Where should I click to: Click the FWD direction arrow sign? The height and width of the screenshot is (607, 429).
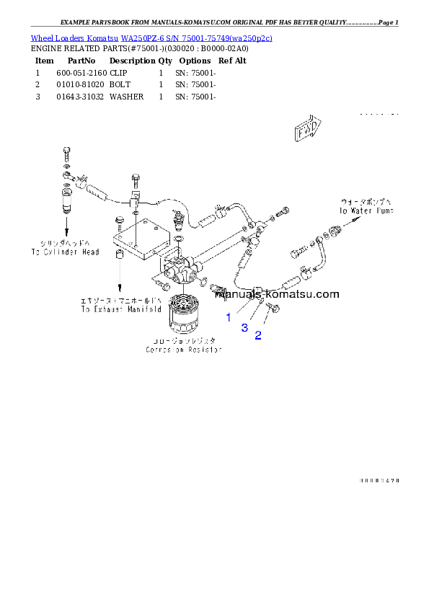tap(307, 130)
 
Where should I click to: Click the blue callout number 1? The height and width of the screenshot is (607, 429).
tap(229, 317)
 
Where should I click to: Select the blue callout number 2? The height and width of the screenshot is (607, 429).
tap(257, 335)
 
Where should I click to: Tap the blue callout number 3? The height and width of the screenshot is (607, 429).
tap(244, 328)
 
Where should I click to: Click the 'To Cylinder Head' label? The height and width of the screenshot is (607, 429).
tap(65, 248)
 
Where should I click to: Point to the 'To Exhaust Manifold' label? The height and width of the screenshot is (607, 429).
tap(121, 305)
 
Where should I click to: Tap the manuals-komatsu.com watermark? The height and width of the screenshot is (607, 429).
tap(277, 294)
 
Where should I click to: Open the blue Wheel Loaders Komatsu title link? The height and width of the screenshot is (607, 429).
tap(151, 37)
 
